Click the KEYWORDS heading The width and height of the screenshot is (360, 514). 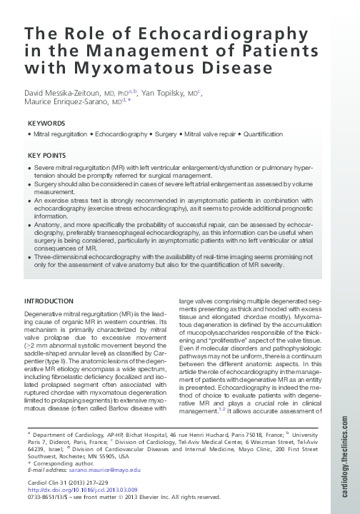tap(46, 124)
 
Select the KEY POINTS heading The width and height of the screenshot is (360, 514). tap(47, 156)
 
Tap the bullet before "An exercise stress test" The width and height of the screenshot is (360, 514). tap(29, 203)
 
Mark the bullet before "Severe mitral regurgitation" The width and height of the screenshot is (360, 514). tap(29, 166)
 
